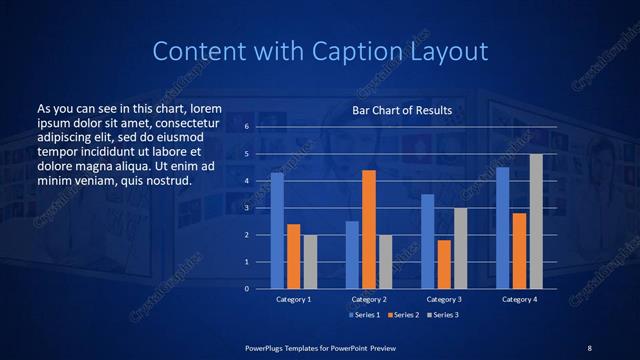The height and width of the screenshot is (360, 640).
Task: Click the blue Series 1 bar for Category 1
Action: click(277, 231)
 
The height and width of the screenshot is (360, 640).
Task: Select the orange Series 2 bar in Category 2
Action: click(369, 229)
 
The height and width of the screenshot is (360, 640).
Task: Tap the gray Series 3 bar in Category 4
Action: click(536, 221)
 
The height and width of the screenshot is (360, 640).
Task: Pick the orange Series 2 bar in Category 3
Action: click(444, 264)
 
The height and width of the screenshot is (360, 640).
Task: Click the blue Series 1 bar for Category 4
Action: click(502, 228)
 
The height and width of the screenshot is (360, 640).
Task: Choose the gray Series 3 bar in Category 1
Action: click(310, 262)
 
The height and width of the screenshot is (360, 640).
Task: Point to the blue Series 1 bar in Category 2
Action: click(352, 255)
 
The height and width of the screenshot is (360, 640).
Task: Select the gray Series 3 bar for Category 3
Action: click(461, 248)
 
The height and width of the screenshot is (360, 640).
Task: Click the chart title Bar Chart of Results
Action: click(401, 110)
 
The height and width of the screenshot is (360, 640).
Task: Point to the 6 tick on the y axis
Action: click(246, 128)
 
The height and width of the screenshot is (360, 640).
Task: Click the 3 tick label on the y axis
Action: click(246, 208)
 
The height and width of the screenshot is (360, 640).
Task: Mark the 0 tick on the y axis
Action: click(246, 289)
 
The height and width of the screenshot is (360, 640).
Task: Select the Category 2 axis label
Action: click(369, 299)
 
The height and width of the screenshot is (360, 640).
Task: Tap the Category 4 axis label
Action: click(519, 299)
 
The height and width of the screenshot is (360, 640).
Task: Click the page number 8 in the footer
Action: click(589, 347)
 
